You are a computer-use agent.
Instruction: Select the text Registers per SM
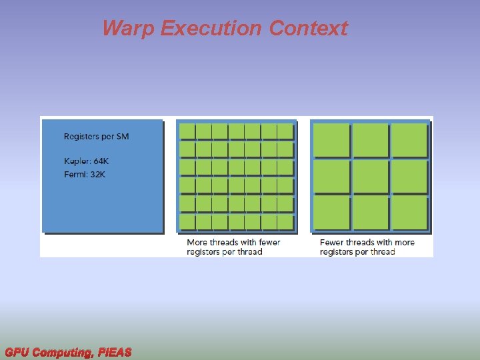click(x=96, y=137)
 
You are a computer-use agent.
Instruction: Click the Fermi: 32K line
click(x=85, y=175)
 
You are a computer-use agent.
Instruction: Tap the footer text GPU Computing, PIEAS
click(x=68, y=352)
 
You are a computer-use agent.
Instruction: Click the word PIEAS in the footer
click(x=115, y=352)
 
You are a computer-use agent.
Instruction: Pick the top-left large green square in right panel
click(x=331, y=140)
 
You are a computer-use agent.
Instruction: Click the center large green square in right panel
click(x=370, y=177)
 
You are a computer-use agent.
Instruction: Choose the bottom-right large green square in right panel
click(x=409, y=213)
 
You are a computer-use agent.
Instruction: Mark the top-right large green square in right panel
click(x=409, y=140)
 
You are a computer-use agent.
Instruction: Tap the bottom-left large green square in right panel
click(x=331, y=213)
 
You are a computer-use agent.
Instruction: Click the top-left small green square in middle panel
click(x=187, y=131)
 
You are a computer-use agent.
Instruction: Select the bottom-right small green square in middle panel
click(x=285, y=222)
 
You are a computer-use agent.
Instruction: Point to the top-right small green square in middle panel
click(x=285, y=131)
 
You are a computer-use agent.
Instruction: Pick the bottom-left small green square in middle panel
click(x=187, y=222)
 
